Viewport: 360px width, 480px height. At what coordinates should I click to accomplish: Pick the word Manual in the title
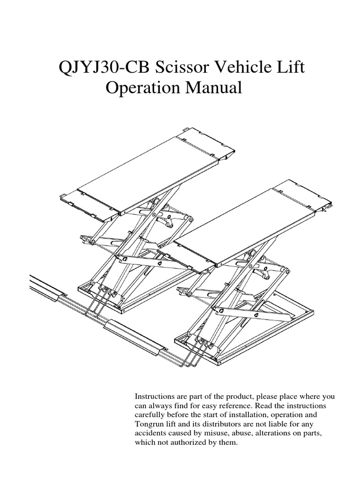[x=215, y=88]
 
